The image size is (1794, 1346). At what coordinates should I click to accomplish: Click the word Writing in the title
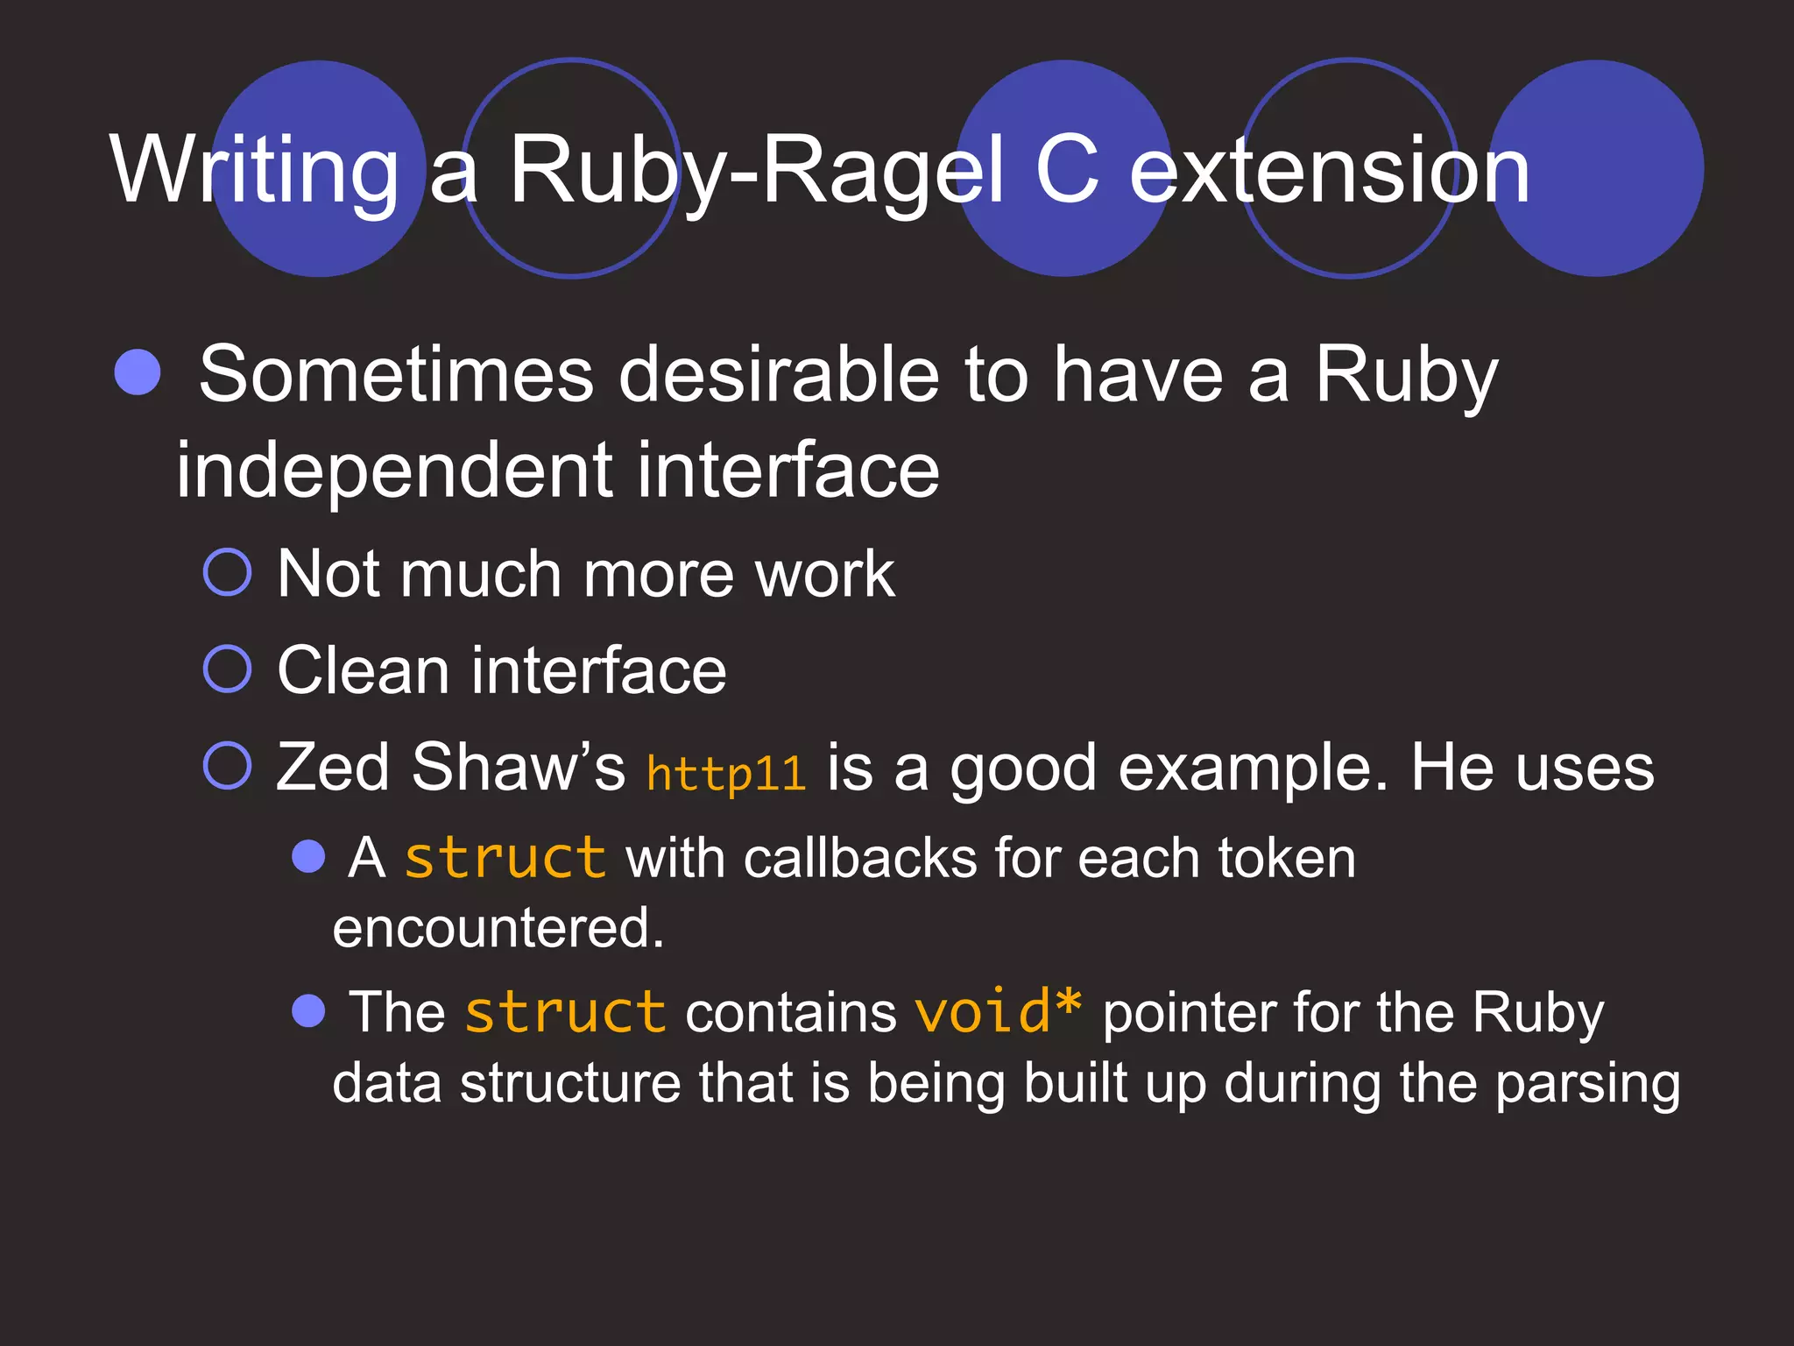point(254,171)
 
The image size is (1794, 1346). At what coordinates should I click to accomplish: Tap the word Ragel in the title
point(885,171)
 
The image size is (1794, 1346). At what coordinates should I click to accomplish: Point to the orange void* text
point(998,1012)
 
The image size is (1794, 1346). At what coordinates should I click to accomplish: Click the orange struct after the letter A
point(505,858)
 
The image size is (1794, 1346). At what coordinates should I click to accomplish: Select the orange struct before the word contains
point(565,1012)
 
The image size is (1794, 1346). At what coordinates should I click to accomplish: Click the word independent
point(394,471)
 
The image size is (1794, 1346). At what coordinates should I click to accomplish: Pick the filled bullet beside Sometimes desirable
point(138,372)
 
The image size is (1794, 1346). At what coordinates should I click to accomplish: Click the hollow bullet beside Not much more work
point(228,573)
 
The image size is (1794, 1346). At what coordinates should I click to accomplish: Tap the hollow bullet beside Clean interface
point(228,669)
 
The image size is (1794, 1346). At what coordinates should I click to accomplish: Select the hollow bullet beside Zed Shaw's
point(228,765)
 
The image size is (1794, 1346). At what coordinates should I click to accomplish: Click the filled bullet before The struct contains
point(308,1010)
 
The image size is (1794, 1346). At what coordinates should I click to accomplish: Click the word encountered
point(498,928)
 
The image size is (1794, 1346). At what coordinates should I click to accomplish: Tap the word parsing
point(1587,1084)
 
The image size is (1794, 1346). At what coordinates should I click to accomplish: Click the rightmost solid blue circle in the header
point(1596,168)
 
